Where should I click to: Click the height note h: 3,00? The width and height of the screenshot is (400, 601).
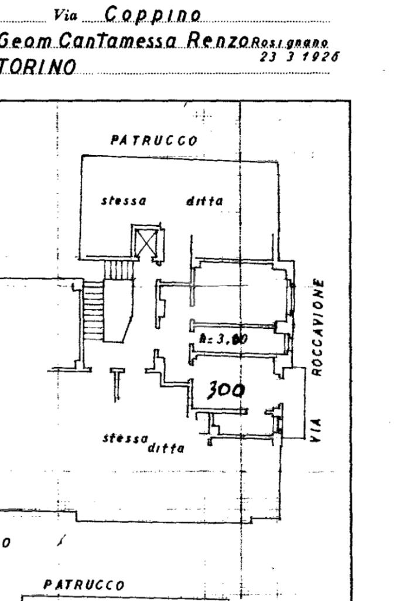pyautogui.click(x=218, y=339)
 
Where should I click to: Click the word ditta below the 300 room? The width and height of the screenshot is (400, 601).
pyautogui.click(x=166, y=449)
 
